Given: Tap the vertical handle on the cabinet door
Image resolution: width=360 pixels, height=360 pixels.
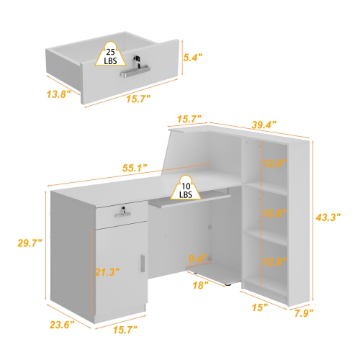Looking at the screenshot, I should coord(145,264).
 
